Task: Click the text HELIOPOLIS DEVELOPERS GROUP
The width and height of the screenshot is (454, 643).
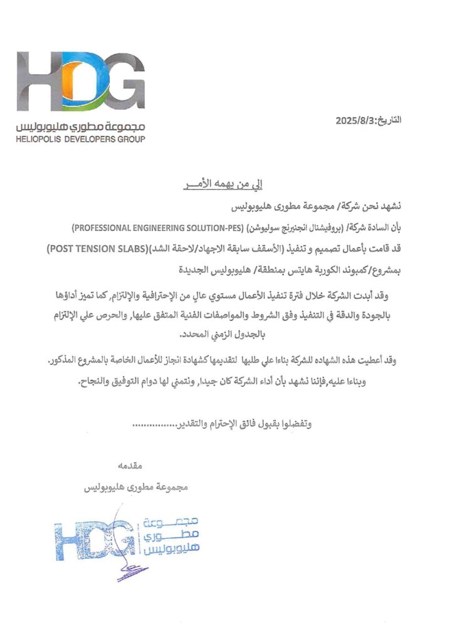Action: click(x=81, y=139)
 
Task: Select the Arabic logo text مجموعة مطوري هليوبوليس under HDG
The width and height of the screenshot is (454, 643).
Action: click(x=81, y=127)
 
